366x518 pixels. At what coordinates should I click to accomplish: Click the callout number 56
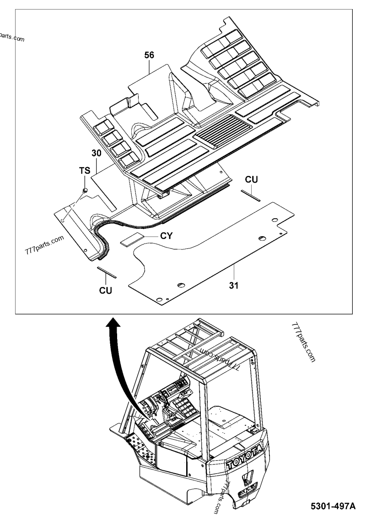pyautogui.click(x=149, y=55)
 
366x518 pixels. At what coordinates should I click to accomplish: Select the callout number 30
pyautogui.click(x=96, y=154)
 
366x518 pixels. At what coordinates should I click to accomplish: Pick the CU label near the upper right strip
pyautogui.click(x=251, y=179)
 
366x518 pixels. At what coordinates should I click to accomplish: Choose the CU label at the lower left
pyautogui.click(x=106, y=290)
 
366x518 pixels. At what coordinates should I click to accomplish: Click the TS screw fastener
pyautogui.click(x=85, y=189)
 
